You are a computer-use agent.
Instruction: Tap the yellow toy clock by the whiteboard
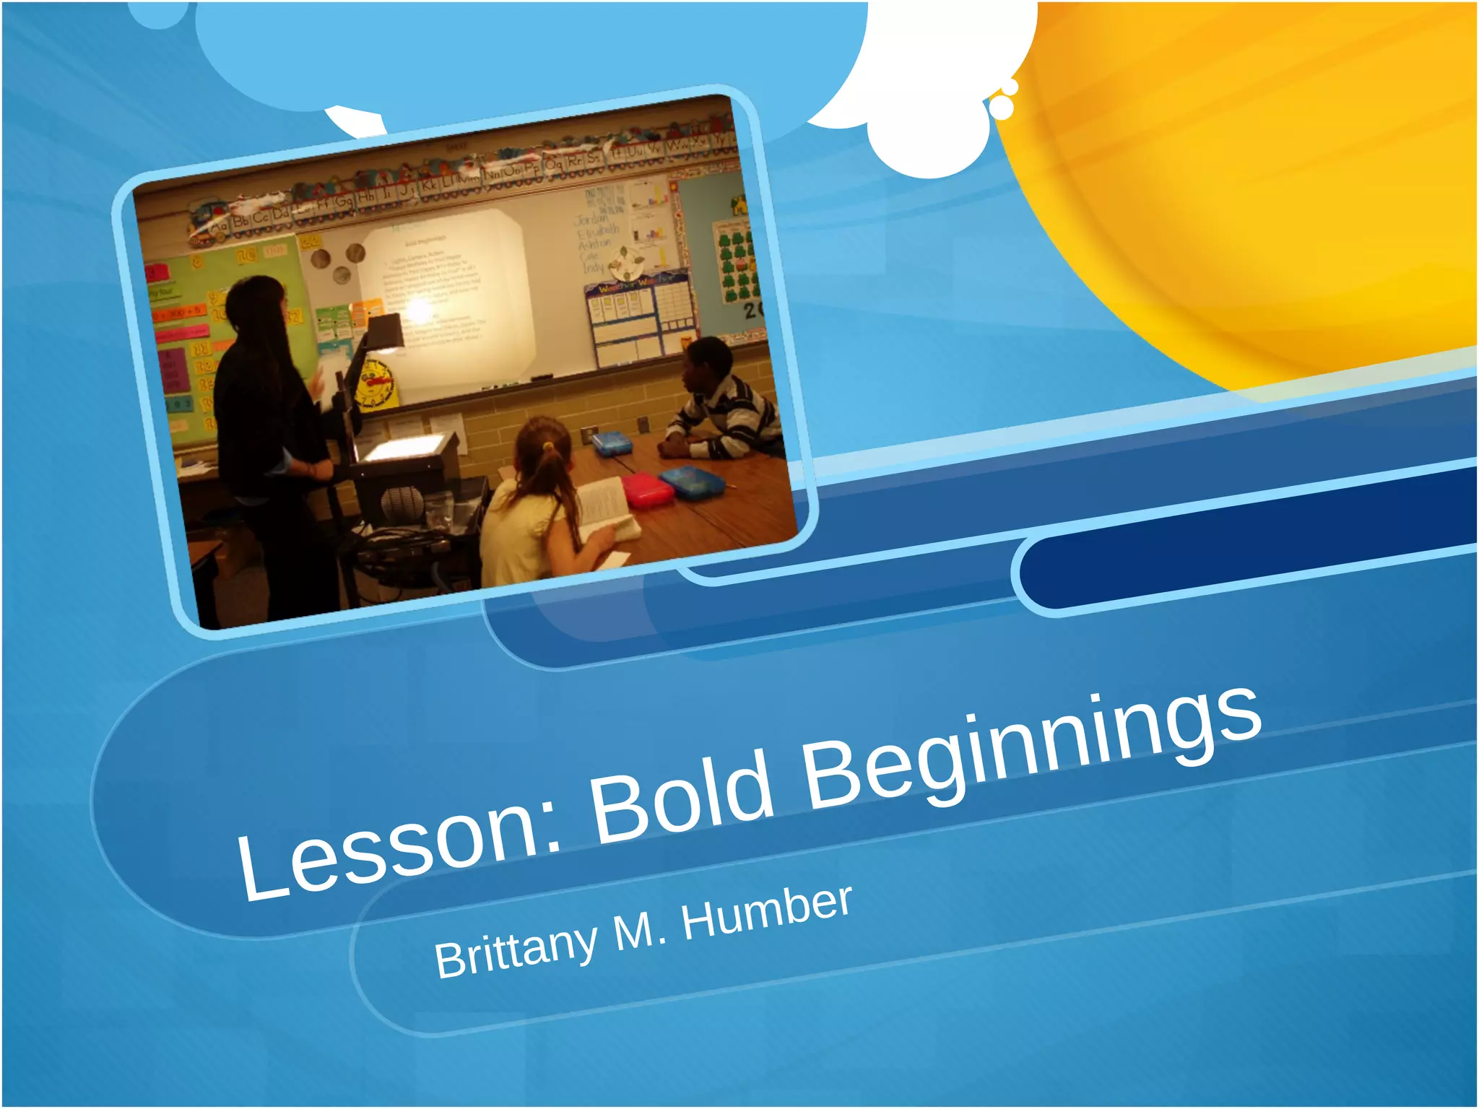[375, 383]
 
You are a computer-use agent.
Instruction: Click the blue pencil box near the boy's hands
[612, 443]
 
